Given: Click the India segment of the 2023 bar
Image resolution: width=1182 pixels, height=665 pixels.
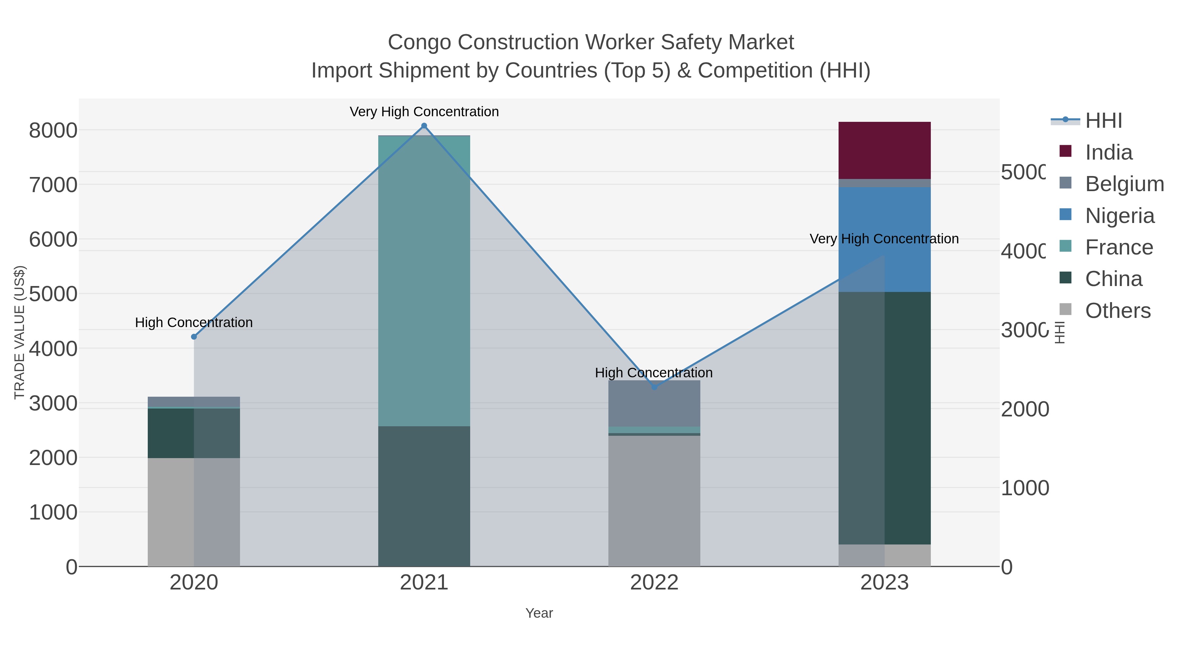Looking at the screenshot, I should point(884,150).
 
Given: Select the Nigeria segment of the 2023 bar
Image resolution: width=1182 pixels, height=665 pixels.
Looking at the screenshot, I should point(884,216).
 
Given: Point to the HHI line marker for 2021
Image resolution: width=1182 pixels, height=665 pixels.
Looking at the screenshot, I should point(424,126).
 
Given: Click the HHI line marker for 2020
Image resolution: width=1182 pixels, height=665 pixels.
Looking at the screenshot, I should point(194,337).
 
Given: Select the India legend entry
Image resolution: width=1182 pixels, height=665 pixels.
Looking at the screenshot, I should point(1108,152).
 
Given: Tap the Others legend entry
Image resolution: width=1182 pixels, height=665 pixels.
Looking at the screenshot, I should point(1117,311).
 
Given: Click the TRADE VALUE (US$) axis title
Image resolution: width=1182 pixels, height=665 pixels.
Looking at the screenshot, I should point(19,332).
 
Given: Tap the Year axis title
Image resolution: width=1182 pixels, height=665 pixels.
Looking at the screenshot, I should point(539,613).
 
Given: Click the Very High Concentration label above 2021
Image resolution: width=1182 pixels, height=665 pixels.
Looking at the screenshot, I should point(424,112).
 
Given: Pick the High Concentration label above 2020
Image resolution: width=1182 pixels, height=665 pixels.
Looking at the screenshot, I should point(194,322).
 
